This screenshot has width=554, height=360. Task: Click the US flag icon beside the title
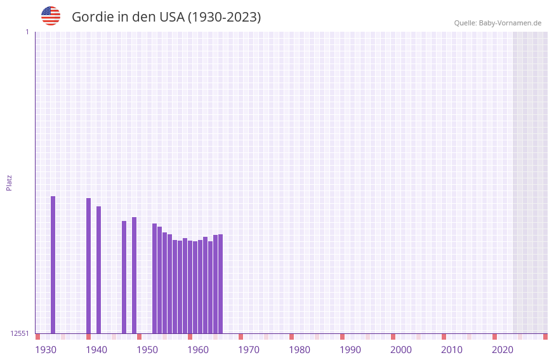pyautogui.click(x=51, y=16)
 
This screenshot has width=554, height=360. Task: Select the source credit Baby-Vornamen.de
pyautogui.click(x=498, y=23)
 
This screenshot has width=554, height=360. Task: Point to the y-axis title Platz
pyautogui.click(x=9, y=182)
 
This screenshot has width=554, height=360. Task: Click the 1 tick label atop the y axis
pyautogui.click(x=27, y=32)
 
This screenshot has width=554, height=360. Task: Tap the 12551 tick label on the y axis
pyautogui.click(x=20, y=333)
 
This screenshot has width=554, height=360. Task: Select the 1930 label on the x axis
pyautogui.click(x=46, y=350)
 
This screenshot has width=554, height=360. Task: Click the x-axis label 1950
pyautogui.click(x=147, y=350)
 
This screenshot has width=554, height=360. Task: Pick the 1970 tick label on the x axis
pyautogui.click(x=249, y=350)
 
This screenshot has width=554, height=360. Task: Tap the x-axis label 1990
pyautogui.click(x=350, y=350)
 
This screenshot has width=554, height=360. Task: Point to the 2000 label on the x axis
pyautogui.click(x=401, y=350)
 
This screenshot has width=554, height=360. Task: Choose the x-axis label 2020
pyautogui.click(x=503, y=350)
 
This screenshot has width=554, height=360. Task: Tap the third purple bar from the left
pyautogui.click(x=98, y=270)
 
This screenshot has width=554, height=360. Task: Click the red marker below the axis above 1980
pyautogui.click(x=291, y=337)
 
